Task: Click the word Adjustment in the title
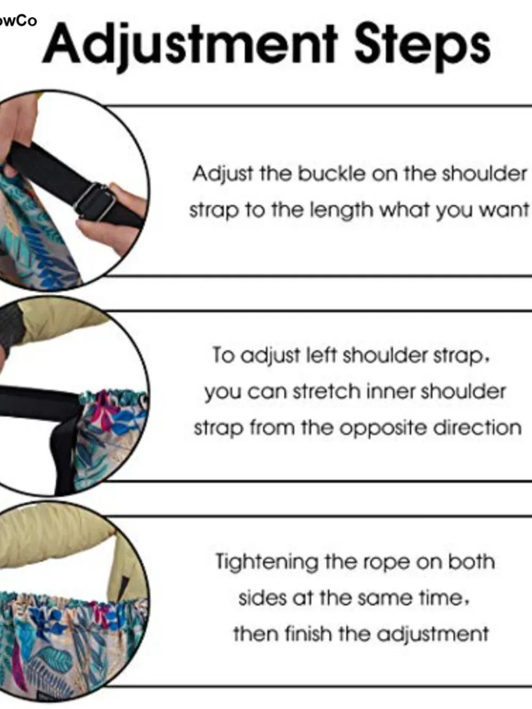coord(190,46)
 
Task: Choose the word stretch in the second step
coord(326,391)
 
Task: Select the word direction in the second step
coord(477,428)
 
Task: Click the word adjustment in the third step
coord(433,635)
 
